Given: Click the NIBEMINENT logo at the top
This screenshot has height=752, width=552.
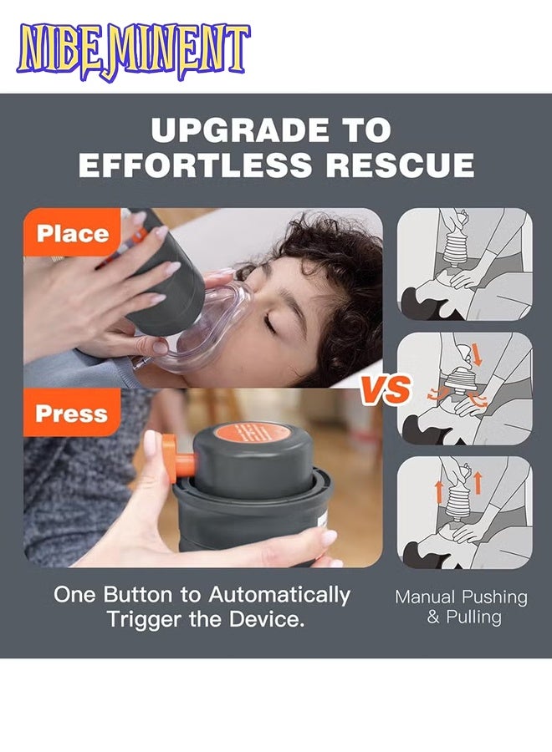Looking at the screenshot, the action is click(x=133, y=52).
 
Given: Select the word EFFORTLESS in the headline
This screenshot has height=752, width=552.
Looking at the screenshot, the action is click(x=196, y=165).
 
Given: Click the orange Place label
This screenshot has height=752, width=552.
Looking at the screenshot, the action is click(x=73, y=234).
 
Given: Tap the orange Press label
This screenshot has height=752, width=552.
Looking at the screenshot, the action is click(x=71, y=414).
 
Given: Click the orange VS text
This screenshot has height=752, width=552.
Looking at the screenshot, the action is click(x=386, y=389).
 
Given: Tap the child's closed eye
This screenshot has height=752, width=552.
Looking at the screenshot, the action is click(x=270, y=325).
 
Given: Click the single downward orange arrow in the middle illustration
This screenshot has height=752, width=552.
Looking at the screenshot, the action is click(x=477, y=354).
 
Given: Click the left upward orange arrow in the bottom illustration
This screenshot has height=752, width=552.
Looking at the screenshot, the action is click(x=439, y=491).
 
